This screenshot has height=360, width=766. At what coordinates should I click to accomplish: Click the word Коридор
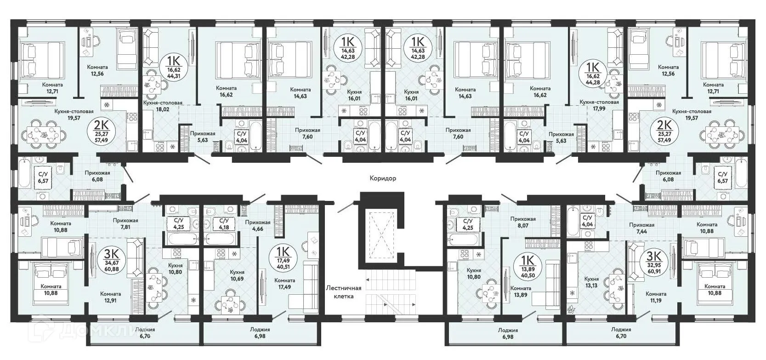point(383,178)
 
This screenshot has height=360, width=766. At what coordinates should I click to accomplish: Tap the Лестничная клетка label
point(344,292)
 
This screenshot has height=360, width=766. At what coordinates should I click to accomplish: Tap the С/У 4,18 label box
point(223,224)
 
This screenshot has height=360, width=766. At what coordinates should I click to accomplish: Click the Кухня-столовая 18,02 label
point(163,106)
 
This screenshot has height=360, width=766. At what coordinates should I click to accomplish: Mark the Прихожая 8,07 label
point(523,223)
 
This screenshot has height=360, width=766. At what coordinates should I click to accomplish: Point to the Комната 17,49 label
point(284,284)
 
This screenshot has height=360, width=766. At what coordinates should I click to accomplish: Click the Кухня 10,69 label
point(238,275)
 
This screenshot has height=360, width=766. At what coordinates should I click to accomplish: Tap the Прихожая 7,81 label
point(125,223)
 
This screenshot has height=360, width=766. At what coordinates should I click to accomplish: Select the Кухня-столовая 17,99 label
point(599,105)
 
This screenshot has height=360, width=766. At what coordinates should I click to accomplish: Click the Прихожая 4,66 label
point(257,226)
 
